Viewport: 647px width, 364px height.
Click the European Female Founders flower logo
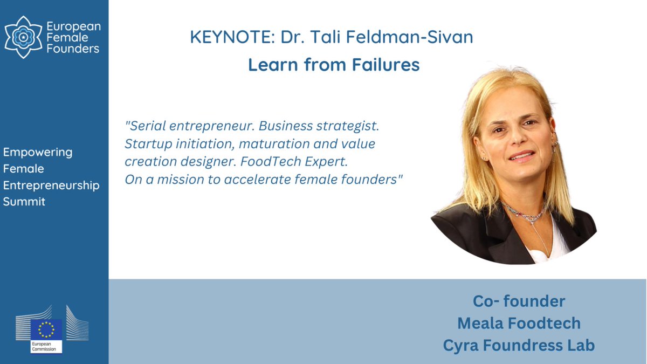(23, 37)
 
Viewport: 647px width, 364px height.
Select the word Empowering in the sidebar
(38, 152)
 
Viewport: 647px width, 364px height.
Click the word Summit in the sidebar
(24, 202)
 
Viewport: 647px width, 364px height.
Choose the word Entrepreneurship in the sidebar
(51, 186)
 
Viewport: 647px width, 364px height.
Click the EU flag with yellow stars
(46, 330)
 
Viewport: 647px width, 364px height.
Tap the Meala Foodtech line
(519, 323)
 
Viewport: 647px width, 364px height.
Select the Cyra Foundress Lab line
(519, 345)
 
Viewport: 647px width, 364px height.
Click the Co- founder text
(519, 301)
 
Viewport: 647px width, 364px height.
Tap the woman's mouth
(521, 157)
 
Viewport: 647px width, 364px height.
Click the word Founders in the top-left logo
(73, 49)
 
